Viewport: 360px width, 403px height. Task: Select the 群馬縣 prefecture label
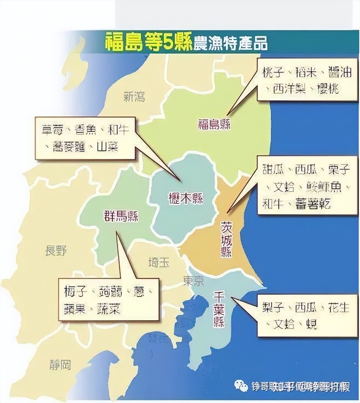pos(121,216)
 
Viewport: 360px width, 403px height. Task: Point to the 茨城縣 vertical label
pos(226,239)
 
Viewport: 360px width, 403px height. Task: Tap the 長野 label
pos(56,250)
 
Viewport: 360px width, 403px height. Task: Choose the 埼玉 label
pos(159,262)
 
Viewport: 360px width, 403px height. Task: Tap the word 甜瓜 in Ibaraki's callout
pos(273,170)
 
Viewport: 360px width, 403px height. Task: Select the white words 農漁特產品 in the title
pos(230,44)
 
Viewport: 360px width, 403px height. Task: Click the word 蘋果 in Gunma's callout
pos(74,308)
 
